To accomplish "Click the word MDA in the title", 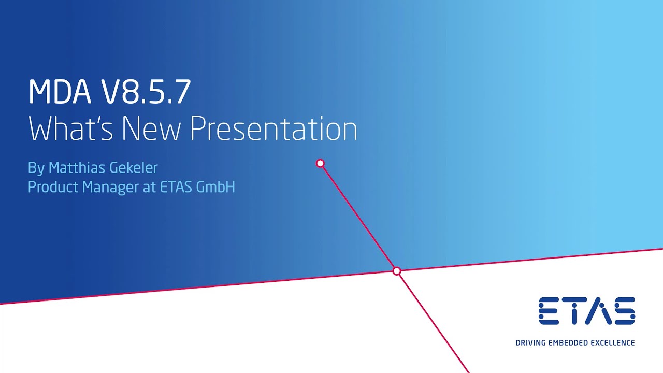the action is pos(60,92).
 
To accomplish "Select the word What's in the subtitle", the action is pos(70,128).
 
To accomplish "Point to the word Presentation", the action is pos(273,128).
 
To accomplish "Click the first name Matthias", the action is pos(77,167).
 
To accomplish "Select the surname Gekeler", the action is pos(134,167).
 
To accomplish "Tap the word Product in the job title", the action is pos(53,187).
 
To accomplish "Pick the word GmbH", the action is pos(216,187).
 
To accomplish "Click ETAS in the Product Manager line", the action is pos(176,187).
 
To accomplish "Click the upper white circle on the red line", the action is pos(320,163).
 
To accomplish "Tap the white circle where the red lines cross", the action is pos(397,271).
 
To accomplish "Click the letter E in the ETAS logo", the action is pos(549,311).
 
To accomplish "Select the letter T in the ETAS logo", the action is pos(574,311).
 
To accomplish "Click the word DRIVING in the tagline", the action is pos(530,343).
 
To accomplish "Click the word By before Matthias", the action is pos(36,168).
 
